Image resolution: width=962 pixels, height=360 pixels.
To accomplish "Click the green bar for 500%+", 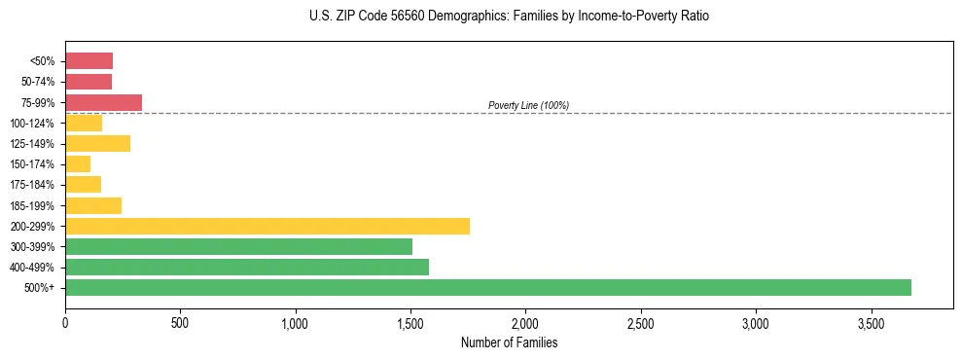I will (488, 287).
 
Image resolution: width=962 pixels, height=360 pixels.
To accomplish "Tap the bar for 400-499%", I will (247, 267).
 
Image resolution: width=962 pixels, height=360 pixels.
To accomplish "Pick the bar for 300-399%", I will (238, 246).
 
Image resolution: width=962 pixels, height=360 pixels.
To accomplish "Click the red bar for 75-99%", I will (103, 102).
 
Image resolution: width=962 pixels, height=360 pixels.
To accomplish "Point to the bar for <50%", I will (89, 61).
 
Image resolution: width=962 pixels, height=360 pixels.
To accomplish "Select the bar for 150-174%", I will (78, 163).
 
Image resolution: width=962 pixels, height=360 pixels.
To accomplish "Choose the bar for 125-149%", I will (97, 143).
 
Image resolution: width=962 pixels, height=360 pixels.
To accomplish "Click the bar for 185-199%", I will (93, 205).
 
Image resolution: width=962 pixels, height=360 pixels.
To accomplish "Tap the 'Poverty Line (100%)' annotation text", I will (528, 105).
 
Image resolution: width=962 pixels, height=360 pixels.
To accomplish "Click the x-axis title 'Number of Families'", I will (509, 342).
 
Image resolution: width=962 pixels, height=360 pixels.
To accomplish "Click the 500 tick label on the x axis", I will (180, 322).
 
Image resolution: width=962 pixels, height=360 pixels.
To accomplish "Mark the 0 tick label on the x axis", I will (65, 322).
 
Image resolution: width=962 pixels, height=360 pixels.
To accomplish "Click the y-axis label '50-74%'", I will (38, 82).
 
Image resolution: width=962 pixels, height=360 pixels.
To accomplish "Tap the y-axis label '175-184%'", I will (34, 185).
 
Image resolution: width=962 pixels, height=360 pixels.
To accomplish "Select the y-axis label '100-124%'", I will (34, 123).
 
